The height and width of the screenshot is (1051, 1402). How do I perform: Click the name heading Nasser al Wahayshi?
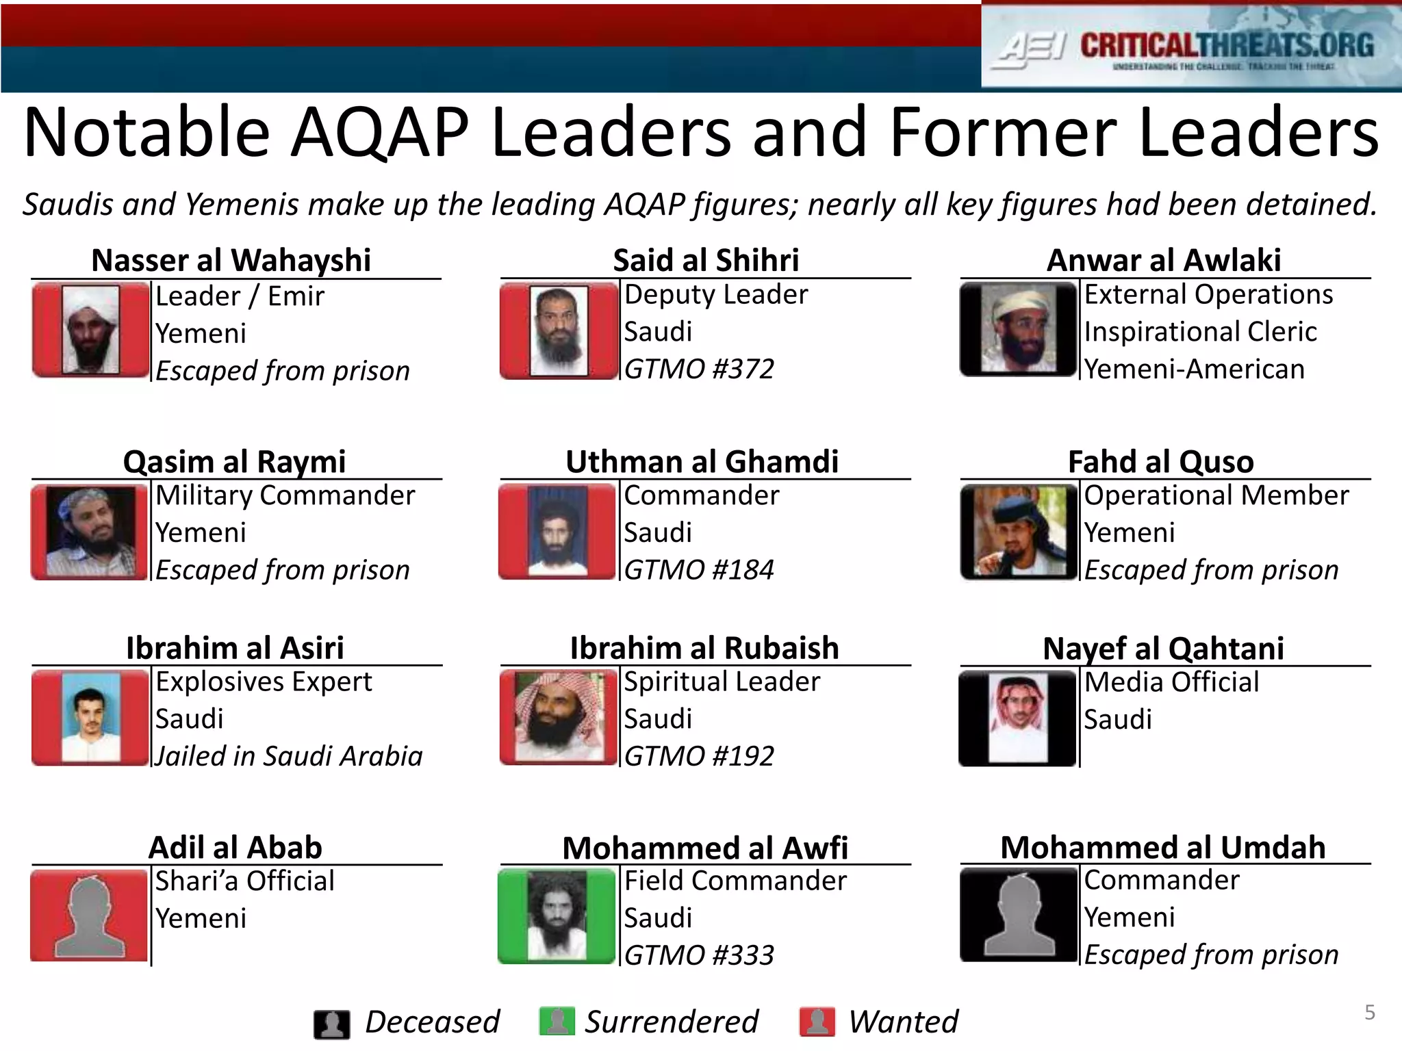click(231, 261)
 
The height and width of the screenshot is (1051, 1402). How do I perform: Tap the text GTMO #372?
click(699, 369)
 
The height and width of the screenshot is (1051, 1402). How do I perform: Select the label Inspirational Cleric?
click(1200, 332)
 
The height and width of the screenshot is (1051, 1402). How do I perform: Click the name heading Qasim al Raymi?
click(234, 462)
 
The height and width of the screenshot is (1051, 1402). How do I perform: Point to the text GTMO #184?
click(699, 570)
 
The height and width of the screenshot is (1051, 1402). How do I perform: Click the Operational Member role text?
click(1216, 495)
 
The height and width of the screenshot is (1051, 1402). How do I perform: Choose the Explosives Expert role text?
click(264, 682)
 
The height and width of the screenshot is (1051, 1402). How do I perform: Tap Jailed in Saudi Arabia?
click(289, 756)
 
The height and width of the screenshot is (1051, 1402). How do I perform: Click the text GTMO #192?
click(699, 756)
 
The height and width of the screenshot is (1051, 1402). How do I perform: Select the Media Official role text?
click(1171, 682)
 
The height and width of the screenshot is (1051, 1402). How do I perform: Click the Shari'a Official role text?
click(244, 881)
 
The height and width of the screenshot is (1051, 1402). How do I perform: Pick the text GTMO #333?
click(699, 955)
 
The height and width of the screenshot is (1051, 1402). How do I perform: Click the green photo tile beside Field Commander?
click(557, 916)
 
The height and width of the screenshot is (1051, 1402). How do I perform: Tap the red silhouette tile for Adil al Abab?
click(90, 916)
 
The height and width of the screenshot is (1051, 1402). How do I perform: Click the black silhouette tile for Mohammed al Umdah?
click(1019, 916)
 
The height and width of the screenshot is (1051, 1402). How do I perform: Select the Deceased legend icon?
click(332, 1024)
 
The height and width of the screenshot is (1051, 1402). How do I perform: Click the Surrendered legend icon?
click(557, 1022)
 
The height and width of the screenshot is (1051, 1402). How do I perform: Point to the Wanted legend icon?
click(817, 1022)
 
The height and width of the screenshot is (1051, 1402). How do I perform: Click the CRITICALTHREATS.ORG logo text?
click(1227, 46)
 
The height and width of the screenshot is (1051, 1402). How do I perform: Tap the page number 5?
click(1370, 1013)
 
